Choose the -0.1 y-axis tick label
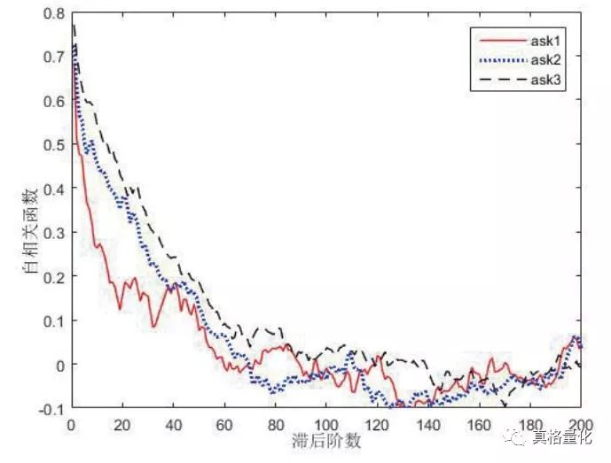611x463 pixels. point(51,408)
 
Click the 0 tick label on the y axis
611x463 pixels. point(59,364)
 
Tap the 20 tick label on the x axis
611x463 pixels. point(121,422)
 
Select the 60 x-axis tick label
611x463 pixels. point(223,422)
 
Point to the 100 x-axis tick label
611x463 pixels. point(325,422)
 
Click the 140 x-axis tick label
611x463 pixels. point(427,422)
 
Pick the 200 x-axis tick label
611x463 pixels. point(581,422)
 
